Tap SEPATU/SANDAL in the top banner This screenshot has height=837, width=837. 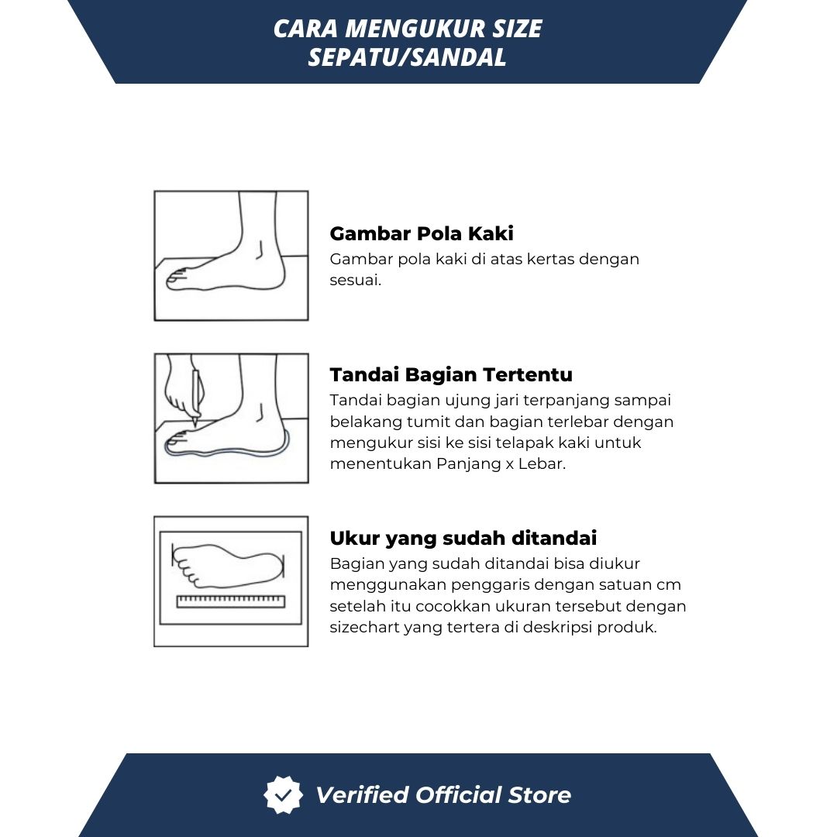click(x=407, y=57)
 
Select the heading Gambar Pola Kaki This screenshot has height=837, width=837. click(x=422, y=234)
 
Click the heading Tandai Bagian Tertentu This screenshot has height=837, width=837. click(x=451, y=375)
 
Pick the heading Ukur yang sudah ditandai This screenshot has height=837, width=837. click(x=463, y=538)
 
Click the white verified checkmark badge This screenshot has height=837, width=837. click(x=283, y=795)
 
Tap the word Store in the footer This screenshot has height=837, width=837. click(x=539, y=795)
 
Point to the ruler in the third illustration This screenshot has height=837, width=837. click(x=231, y=601)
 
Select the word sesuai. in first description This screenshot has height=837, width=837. click(x=356, y=280)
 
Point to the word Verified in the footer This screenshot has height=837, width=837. click(x=362, y=795)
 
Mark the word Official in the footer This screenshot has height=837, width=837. click(x=459, y=795)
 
